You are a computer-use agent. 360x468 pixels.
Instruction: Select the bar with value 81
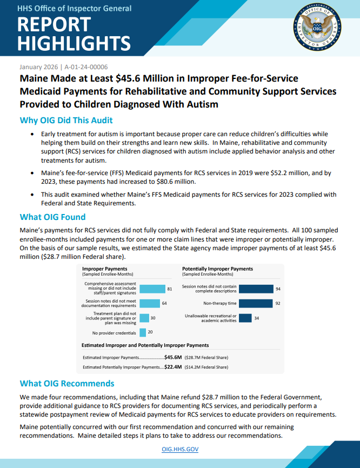pos(152,289)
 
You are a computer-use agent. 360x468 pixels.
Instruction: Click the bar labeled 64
pos(150,303)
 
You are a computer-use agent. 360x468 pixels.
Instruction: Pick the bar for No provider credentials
pos(143,332)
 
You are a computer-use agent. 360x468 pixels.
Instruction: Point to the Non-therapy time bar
pos(255,304)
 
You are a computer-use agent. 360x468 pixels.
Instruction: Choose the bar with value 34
pos(245,318)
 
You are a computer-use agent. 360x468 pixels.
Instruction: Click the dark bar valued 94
pos(256,289)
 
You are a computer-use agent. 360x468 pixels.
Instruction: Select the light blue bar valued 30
pos(144,318)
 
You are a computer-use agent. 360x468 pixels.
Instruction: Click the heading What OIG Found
pos(52,217)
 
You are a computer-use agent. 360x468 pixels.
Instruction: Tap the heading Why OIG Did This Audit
pos(66,120)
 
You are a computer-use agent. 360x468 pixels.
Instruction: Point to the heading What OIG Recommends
pos(67,384)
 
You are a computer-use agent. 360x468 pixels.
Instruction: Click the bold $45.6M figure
pos(173,357)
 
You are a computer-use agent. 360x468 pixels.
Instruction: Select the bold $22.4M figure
pos(173,367)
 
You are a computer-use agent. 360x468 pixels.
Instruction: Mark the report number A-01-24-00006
pos(86,67)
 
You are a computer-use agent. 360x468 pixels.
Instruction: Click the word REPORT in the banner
pos(54,25)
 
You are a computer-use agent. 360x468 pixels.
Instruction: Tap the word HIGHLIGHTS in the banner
pos(74,43)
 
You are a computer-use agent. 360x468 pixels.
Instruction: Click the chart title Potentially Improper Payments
pos(217,269)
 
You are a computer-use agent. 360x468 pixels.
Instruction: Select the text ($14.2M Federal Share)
pos(206,367)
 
